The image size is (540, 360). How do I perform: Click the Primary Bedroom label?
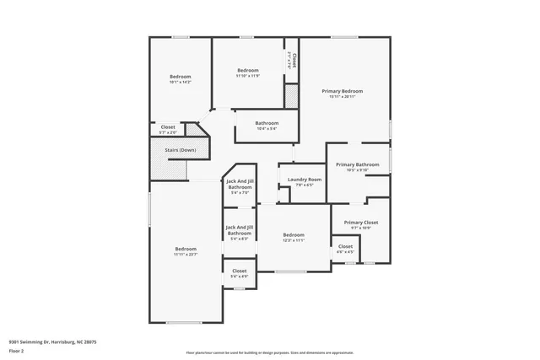tap(342, 91)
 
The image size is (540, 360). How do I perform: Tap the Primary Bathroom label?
tap(357, 164)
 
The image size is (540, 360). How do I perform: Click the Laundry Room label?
tap(304, 180)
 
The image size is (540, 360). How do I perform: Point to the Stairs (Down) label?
tap(180, 150)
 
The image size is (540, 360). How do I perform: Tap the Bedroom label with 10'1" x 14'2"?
tap(181, 77)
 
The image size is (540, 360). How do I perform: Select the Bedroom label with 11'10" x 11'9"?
tap(247, 70)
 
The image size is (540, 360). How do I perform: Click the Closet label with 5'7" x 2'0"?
tap(168, 127)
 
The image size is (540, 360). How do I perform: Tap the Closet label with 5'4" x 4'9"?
tap(239, 271)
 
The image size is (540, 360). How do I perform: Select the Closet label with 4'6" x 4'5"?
tap(345, 246)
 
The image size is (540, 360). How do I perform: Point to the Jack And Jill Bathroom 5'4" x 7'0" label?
tap(240, 184)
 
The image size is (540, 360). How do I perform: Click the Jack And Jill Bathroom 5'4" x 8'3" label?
tap(240, 229)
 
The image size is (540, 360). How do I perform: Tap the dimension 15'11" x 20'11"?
tap(342, 96)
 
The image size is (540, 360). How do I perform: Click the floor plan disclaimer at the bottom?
tap(269, 352)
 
